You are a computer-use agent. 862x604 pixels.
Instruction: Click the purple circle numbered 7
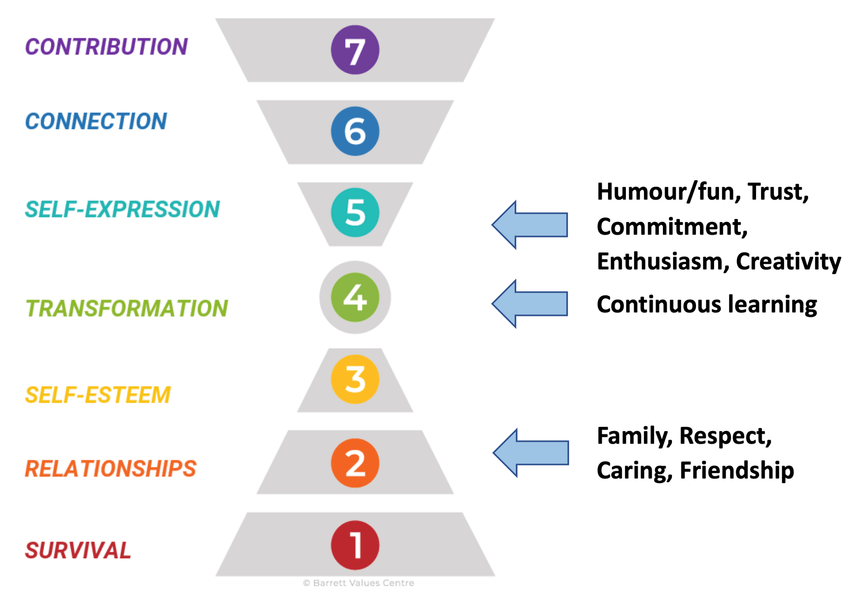point(355,50)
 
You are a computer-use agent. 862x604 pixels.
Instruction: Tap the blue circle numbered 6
point(355,131)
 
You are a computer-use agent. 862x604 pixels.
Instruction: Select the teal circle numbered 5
point(355,213)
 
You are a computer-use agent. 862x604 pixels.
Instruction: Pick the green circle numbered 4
point(355,297)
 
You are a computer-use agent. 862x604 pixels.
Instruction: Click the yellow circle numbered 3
point(355,379)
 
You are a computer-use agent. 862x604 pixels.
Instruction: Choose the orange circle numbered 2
point(355,463)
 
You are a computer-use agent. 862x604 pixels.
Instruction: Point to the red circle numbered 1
point(355,545)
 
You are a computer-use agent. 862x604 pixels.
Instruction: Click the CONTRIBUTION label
point(106,47)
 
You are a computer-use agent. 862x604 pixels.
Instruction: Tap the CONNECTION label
point(96,121)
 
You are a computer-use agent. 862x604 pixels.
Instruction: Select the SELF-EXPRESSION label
point(122,210)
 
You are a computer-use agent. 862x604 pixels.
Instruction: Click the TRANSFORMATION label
point(127,308)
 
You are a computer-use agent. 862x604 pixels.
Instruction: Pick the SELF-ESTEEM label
point(98,395)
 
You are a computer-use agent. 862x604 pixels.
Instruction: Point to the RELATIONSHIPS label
point(110,469)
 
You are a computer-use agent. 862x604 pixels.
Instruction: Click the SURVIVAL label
point(78,551)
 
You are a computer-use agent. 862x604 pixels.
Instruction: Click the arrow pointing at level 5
point(530,225)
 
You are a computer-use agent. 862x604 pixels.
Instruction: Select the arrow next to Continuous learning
point(530,304)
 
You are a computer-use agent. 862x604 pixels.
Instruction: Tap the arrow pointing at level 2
point(531,453)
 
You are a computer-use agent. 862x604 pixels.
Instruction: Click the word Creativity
point(788,261)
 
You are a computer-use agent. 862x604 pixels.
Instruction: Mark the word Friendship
point(737,470)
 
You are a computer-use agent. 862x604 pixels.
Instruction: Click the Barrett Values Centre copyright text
point(359,583)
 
